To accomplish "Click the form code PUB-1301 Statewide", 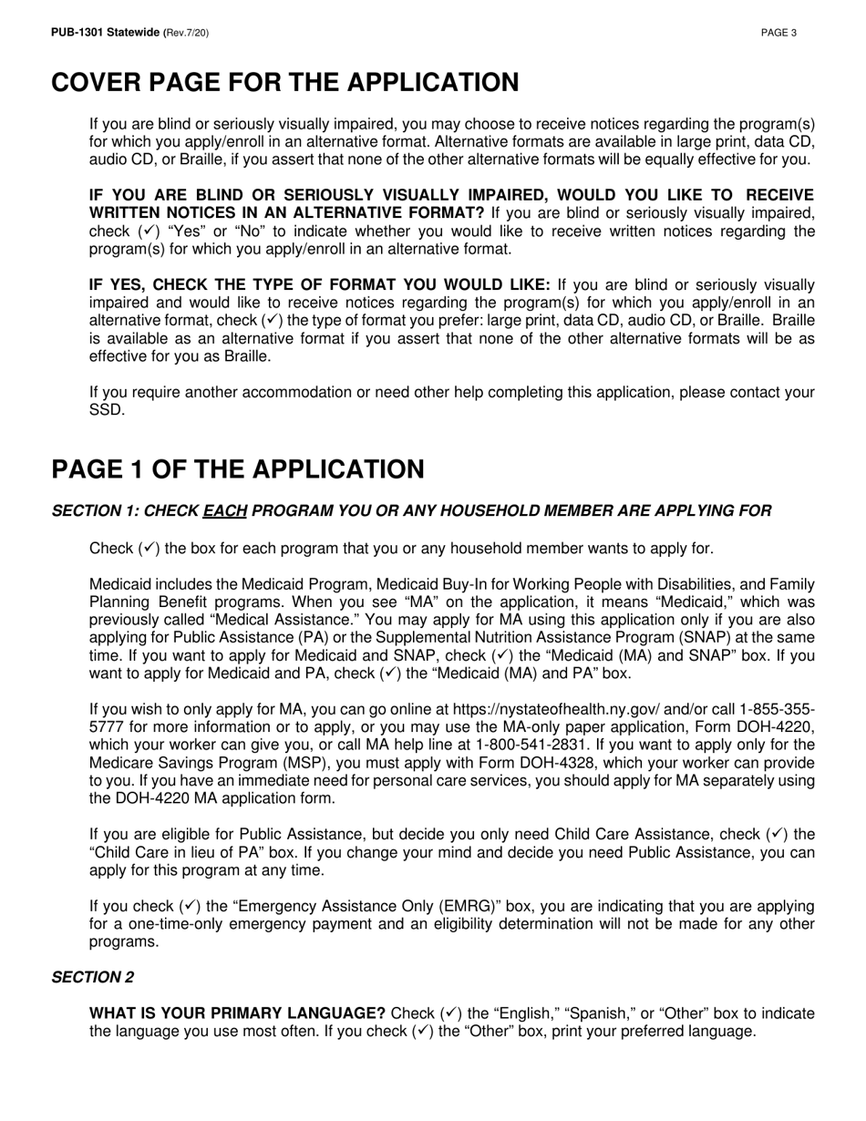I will tap(105, 33).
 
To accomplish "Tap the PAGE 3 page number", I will tap(779, 33).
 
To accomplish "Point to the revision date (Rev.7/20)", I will tap(187, 33).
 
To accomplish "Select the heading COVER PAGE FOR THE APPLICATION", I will tap(284, 83).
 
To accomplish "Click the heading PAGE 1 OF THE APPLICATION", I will tap(238, 469).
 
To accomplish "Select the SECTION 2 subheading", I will tap(92, 977).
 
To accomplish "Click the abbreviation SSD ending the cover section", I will tap(105, 410).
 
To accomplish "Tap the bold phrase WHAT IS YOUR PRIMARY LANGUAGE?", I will tap(237, 1013).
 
